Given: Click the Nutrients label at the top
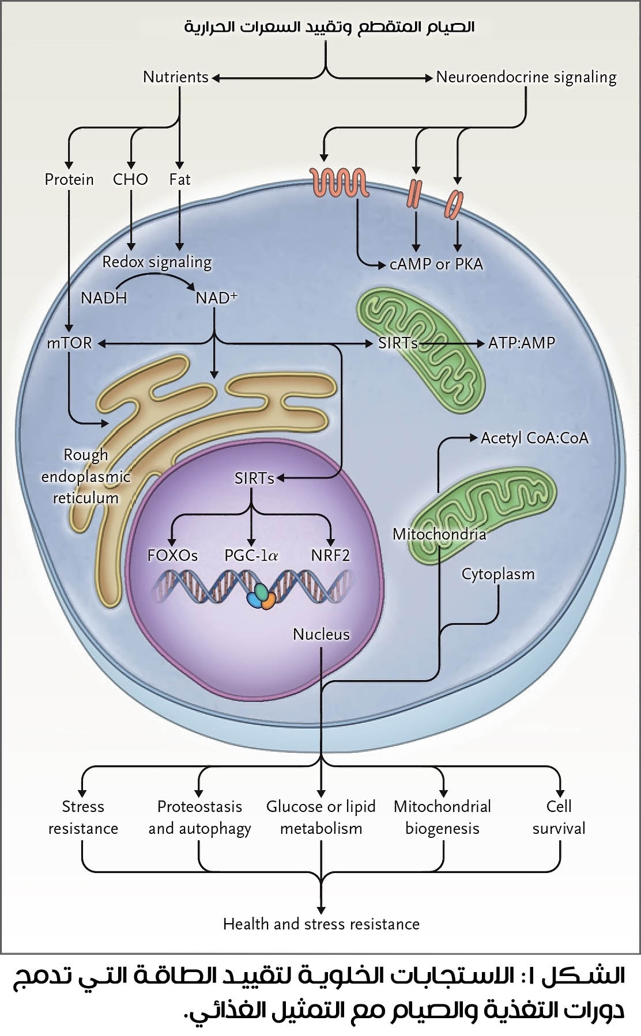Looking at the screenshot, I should (x=175, y=77).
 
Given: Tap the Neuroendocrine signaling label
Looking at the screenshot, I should (x=526, y=77).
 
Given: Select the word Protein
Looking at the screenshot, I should (x=69, y=180).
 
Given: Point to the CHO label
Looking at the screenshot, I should (x=130, y=180).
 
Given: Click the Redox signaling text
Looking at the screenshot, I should (x=157, y=262).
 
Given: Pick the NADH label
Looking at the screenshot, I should (x=104, y=298).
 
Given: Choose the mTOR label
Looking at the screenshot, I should (x=70, y=343).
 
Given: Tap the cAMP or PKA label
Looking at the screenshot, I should (x=436, y=264).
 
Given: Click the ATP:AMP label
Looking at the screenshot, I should (x=521, y=343).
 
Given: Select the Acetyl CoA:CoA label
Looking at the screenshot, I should (x=534, y=438).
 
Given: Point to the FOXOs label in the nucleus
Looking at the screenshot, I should (x=172, y=556).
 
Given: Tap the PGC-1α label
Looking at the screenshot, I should (x=251, y=556).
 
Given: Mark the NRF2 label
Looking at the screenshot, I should (x=330, y=556).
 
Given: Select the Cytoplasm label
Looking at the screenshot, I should (x=498, y=574).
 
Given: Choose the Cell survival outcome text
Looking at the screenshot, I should (x=559, y=817).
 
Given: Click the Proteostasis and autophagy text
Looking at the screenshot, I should (x=199, y=817).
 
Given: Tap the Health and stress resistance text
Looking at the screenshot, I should (x=321, y=924).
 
